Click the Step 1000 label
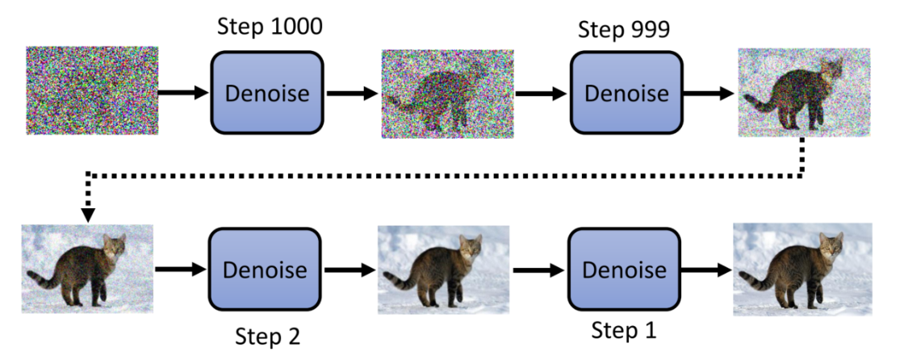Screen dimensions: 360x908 (x=270, y=26)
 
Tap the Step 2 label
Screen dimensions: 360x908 (x=267, y=335)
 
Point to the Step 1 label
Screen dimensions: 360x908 (x=624, y=329)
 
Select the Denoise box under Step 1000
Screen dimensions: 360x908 (x=266, y=93)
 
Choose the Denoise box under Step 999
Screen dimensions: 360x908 (x=626, y=93)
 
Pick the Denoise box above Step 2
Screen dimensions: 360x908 (x=266, y=269)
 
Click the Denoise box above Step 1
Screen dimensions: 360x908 (x=625, y=269)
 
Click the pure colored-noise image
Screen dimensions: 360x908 (x=91, y=90)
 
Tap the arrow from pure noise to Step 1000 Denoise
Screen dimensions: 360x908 (x=183, y=93)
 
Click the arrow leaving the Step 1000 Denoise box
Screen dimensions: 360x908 (x=352, y=93)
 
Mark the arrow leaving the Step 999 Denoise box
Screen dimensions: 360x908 (x=709, y=93)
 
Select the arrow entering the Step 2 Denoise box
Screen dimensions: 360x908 (x=179, y=269)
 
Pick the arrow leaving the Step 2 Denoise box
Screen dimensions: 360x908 (x=350, y=269)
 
